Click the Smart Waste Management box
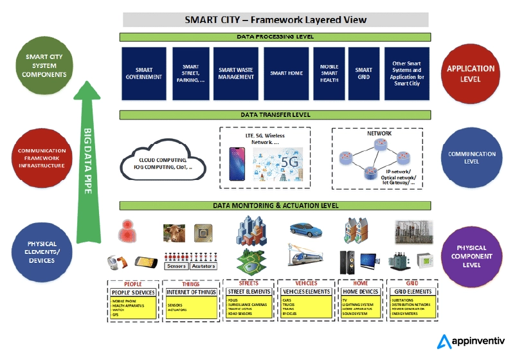[x=237, y=73]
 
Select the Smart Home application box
[x=287, y=73]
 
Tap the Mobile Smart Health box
[x=329, y=73]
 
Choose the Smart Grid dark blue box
[x=364, y=73]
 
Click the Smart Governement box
[x=144, y=73]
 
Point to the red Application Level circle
[x=471, y=73]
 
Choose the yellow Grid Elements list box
[x=411, y=302]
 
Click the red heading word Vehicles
[x=305, y=283]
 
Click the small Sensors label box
[x=176, y=266]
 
